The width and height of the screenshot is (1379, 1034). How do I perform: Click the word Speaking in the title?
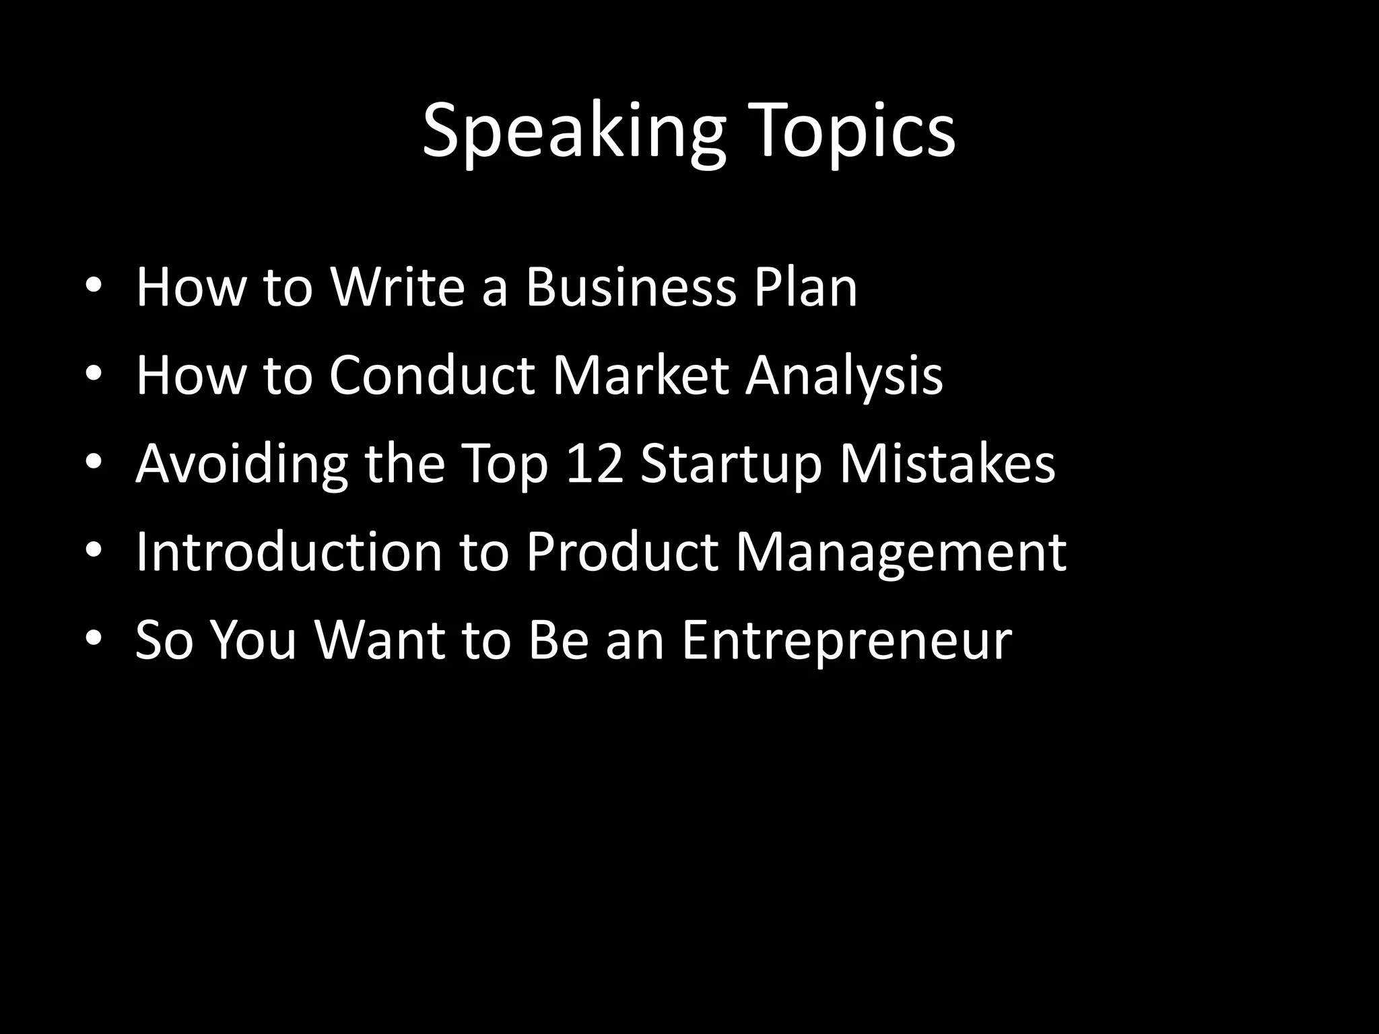(x=574, y=131)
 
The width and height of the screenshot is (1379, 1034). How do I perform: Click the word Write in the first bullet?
(x=397, y=287)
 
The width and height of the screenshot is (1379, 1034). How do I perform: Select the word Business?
(x=631, y=287)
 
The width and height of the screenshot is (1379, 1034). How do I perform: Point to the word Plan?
(x=805, y=287)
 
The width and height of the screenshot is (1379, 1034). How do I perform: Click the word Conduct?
(x=432, y=375)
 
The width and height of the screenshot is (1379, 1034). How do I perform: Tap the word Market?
(x=641, y=375)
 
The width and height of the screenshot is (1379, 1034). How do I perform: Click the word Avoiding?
(x=242, y=464)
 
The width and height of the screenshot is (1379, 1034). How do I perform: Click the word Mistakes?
(x=947, y=464)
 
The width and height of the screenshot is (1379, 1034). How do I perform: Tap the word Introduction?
(x=288, y=551)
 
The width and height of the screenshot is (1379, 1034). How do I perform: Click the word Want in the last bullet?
(x=380, y=640)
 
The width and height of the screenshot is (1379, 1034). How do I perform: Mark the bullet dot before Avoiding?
(x=94, y=462)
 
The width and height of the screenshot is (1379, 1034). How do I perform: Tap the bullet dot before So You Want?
(x=94, y=637)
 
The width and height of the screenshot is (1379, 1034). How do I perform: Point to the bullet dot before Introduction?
(x=94, y=550)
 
